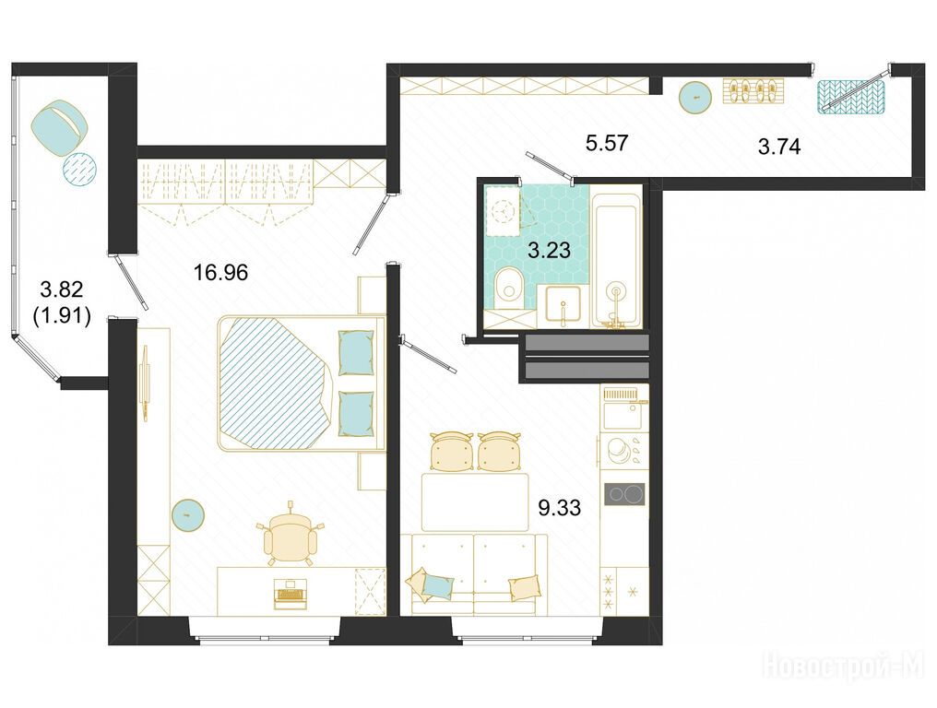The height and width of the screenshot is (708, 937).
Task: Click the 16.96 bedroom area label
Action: click(220, 273)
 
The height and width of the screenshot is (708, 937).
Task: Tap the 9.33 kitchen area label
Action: click(559, 508)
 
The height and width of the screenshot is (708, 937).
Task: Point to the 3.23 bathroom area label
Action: click(549, 250)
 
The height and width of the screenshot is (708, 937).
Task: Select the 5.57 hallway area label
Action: click(607, 144)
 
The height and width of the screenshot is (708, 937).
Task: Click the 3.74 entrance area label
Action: click(779, 146)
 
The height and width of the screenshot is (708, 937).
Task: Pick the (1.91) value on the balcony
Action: click(62, 315)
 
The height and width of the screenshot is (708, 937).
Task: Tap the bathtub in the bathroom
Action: click(616, 256)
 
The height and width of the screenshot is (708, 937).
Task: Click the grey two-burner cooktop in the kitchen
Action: click(624, 494)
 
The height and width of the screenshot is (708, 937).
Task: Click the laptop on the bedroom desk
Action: click(291, 594)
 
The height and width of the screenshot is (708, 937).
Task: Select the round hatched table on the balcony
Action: click(79, 169)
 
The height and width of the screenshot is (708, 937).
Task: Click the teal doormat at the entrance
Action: click(850, 96)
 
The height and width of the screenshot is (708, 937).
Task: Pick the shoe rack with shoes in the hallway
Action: click(753, 91)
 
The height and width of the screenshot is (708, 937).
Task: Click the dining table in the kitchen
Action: click(475, 501)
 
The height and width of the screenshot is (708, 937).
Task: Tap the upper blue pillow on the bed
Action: click(356, 352)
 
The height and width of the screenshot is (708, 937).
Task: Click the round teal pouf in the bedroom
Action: click(187, 513)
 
